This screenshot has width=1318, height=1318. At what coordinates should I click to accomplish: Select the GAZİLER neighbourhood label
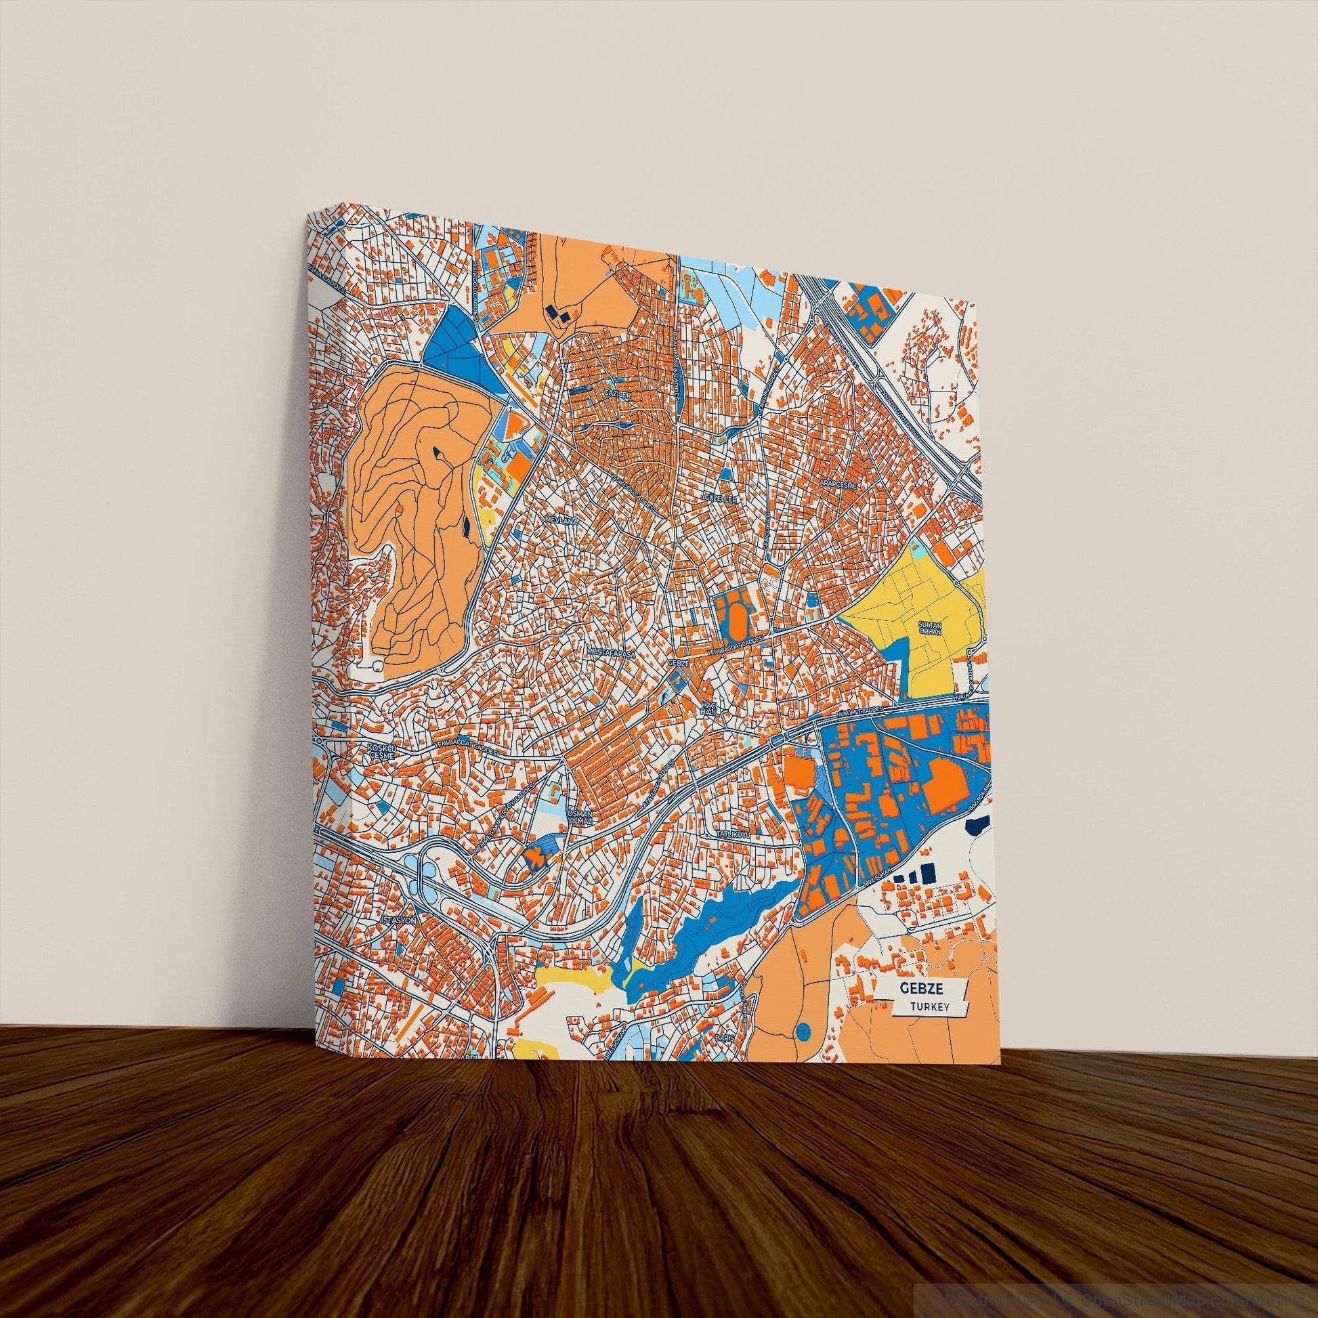tap(614, 394)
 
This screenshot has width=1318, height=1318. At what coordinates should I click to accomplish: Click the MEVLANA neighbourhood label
tap(561, 520)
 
